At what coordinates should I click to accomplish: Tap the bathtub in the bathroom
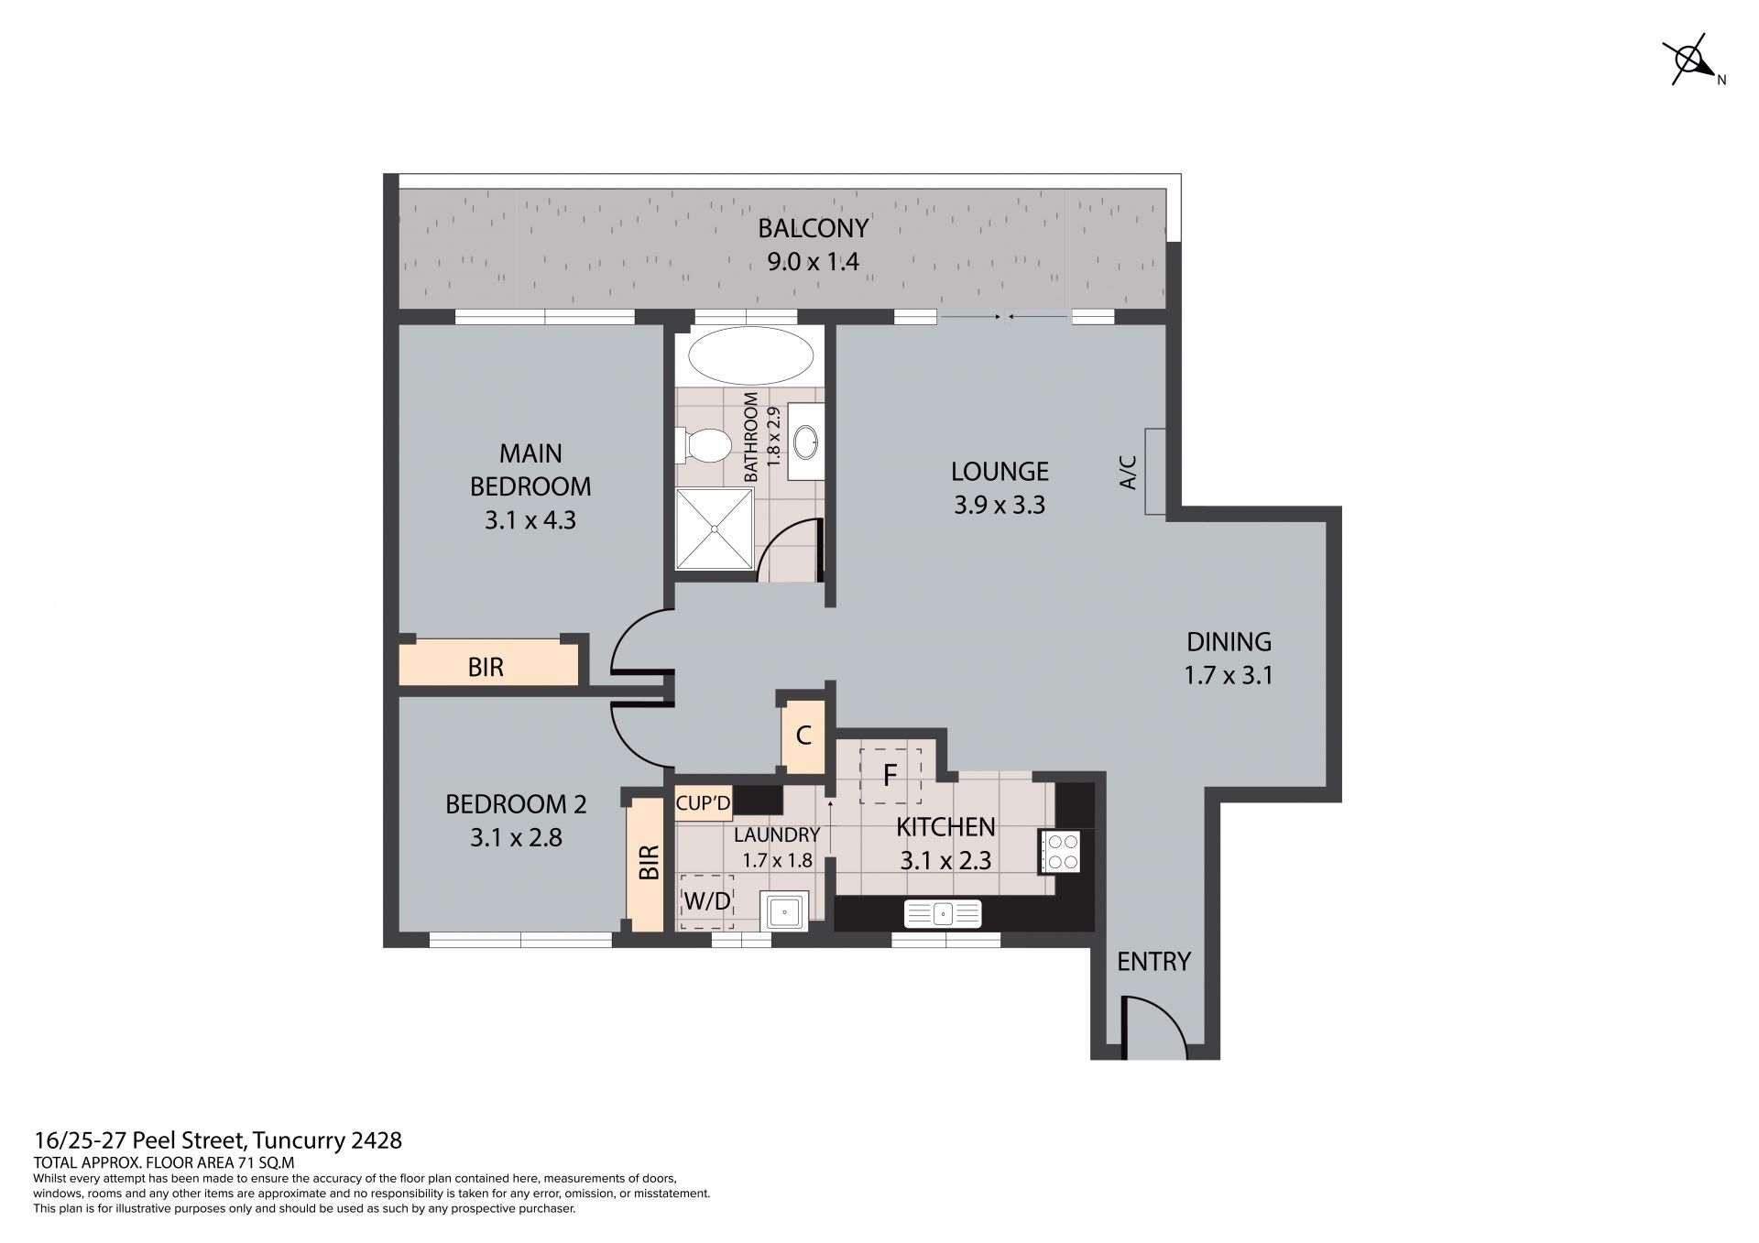[749, 355]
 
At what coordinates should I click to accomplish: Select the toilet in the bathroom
[703, 446]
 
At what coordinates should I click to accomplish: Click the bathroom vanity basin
[806, 442]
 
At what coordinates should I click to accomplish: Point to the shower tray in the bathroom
[715, 529]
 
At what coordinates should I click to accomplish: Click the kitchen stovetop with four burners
[1061, 851]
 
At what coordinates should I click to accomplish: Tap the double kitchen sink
[943, 913]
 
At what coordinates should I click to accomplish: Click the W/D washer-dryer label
[707, 901]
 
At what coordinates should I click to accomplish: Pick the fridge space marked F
[889, 776]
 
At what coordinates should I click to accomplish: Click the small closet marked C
[803, 736]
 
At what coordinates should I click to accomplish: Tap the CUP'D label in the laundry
[703, 803]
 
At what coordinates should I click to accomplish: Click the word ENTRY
[1153, 962]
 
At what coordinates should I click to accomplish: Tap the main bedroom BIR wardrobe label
[486, 667]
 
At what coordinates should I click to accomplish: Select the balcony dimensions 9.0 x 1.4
[814, 262]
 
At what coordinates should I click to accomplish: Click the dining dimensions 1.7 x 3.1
[1229, 676]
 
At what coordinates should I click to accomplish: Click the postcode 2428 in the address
[377, 1140]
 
